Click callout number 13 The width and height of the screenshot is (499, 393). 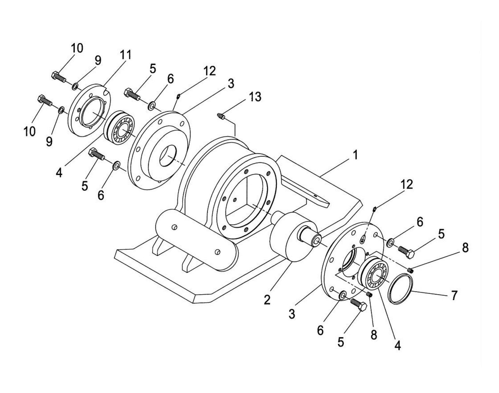pos(255,97)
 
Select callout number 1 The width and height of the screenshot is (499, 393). pos(354,155)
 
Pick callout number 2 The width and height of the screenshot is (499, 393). pos(267,299)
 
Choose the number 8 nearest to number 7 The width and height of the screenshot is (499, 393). pos(465,247)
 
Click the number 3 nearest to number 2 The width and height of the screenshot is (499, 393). pos(292,314)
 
